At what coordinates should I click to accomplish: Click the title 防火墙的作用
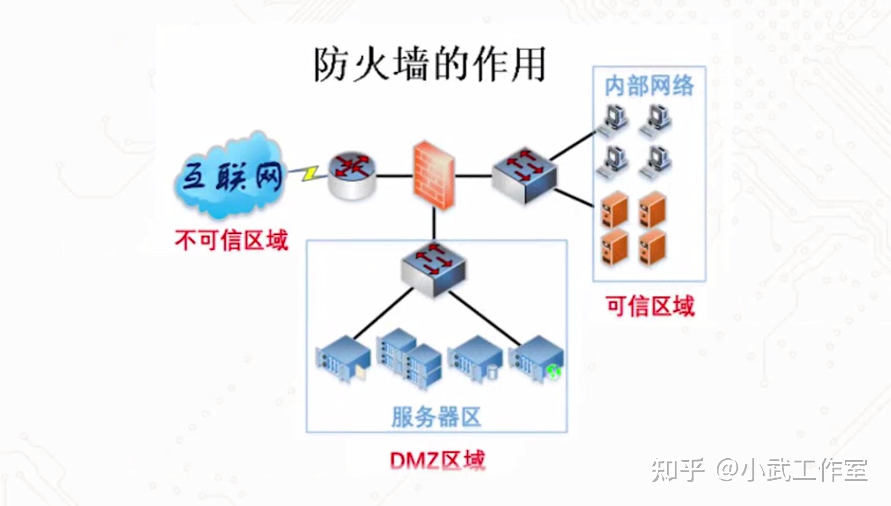(x=429, y=64)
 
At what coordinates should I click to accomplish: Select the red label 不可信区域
(x=231, y=240)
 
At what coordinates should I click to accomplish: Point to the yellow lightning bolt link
(x=310, y=173)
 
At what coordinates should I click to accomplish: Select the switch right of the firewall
(x=524, y=175)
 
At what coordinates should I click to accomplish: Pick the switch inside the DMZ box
(x=434, y=269)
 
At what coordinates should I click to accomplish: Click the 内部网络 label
(x=649, y=86)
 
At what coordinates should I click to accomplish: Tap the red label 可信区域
(x=650, y=306)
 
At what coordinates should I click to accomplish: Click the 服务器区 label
(x=436, y=417)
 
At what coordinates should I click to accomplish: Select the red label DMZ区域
(x=437, y=461)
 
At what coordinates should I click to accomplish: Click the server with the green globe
(x=537, y=359)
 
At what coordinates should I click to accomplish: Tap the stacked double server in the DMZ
(x=409, y=358)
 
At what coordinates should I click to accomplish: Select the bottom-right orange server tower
(x=652, y=247)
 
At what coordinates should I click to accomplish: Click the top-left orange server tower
(x=614, y=209)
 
